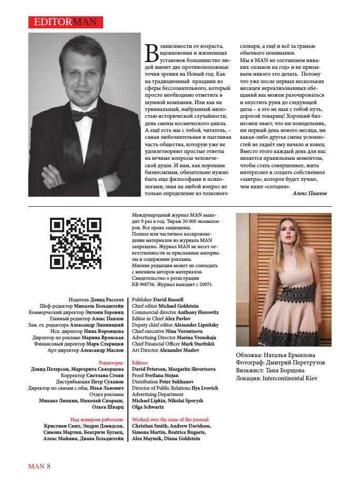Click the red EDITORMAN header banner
(x=65, y=22)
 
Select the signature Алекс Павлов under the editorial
(x=309, y=194)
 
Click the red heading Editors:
(x=140, y=363)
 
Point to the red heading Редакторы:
(x=111, y=363)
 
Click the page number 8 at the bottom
(x=48, y=466)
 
